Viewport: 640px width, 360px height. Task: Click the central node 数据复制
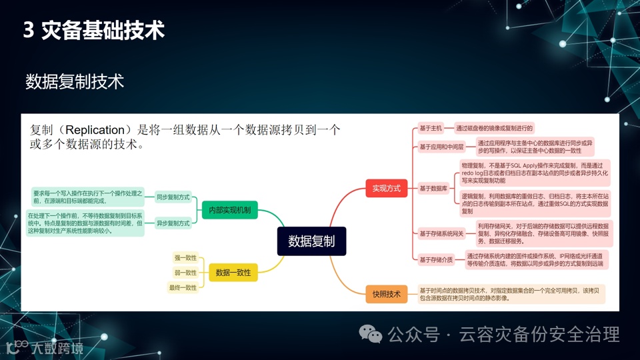coord(311,241)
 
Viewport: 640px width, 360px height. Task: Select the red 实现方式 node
coord(387,189)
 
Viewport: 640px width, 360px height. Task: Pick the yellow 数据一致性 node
coord(233,272)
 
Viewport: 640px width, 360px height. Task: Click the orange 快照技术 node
coord(387,294)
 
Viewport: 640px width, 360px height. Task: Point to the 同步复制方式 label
coord(173,197)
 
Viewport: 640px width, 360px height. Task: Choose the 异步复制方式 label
coord(173,223)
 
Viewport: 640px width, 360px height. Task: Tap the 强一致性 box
coord(186,257)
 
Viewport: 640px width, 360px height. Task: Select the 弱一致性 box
coord(186,273)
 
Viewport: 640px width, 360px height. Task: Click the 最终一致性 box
coord(183,288)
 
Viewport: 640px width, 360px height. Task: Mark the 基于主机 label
coord(431,128)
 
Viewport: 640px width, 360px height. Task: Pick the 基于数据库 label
coord(434,189)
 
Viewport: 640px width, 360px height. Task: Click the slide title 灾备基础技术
coord(103,31)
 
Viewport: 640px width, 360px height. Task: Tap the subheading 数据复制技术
coord(75,82)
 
